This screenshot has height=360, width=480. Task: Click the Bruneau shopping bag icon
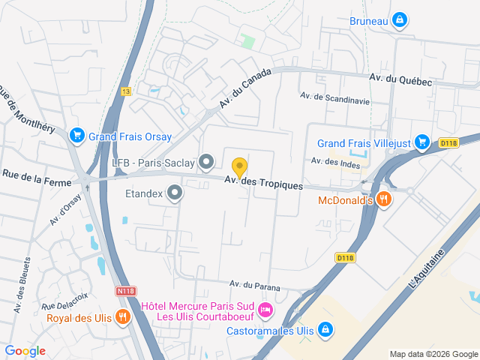[400, 20]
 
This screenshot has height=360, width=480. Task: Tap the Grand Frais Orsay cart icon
[76, 136]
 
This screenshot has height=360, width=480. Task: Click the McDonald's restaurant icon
[384, 199]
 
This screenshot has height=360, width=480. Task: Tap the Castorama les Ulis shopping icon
[325, 328]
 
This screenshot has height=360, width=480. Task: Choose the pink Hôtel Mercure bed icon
[264, 309]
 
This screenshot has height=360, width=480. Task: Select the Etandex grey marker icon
[175, 193]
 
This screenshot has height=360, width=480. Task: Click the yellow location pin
[239, 167]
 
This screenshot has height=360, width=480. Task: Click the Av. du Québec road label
[400, 80]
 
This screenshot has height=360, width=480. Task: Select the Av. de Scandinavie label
[335, 97]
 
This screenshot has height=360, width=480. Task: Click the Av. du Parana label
[255, 285]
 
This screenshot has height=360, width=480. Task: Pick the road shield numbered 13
[126, 90]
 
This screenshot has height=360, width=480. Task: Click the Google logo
[25, 350]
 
